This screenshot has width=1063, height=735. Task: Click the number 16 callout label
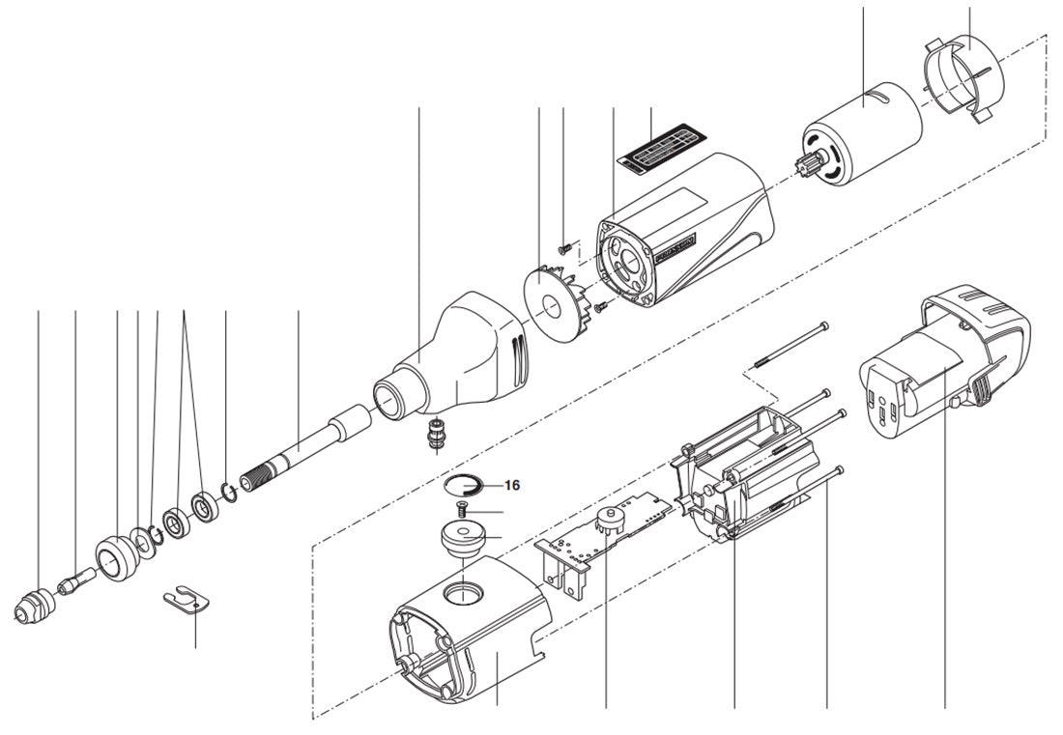[x=511, y=485]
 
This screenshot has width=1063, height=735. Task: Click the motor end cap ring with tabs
[x=962, y=73]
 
